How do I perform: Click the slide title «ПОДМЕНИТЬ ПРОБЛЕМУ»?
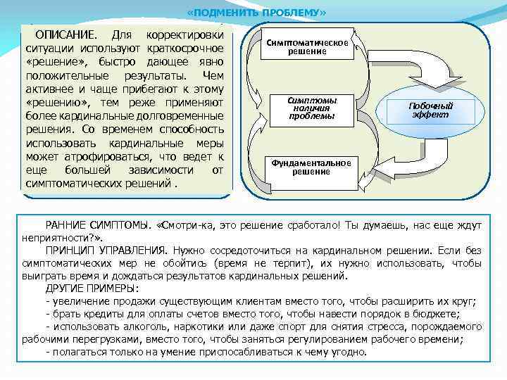point(257,13)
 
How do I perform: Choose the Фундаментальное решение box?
point(311,167)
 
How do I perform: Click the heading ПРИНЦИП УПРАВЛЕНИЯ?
point(106,251)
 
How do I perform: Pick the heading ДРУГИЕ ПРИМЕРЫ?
point(92,289)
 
